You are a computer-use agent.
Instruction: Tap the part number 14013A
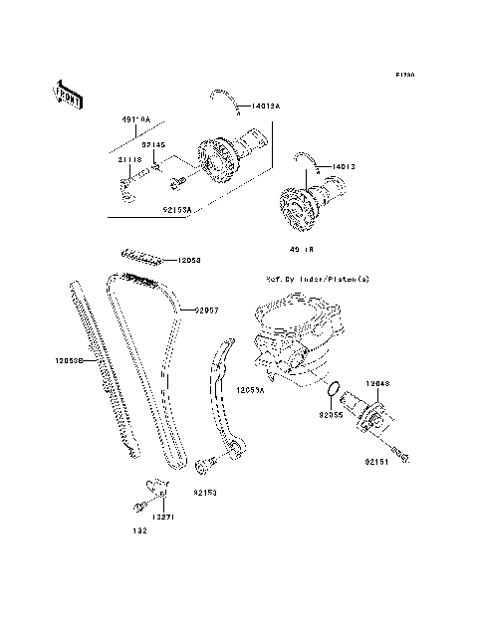point(266,104)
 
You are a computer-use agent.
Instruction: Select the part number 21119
point(129,158)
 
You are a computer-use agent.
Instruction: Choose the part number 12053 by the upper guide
point(190,261)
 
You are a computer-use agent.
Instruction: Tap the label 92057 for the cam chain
point(206,311)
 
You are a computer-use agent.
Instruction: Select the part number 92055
point(332,412)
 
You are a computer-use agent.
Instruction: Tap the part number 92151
point(377,463)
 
